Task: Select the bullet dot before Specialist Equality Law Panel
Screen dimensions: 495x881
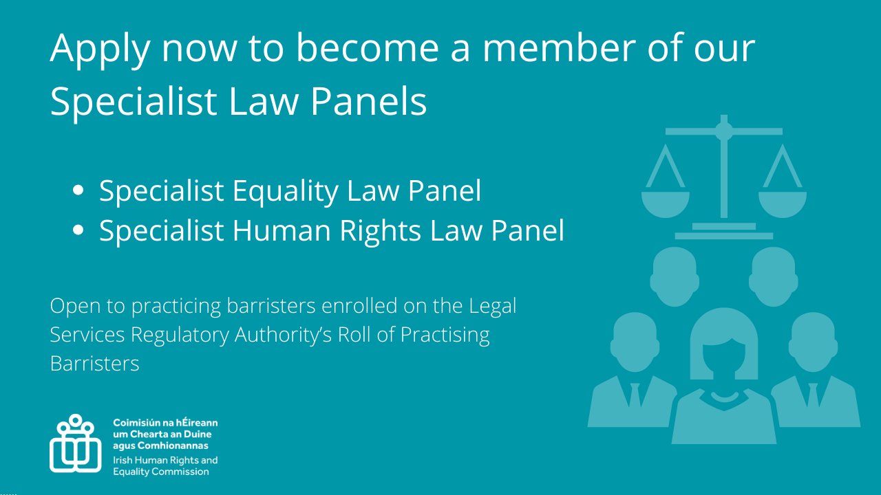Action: tap(78, 190)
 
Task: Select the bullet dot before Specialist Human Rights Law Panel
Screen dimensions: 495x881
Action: tap(78, 230)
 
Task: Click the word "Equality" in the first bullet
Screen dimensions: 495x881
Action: tap(294, 190)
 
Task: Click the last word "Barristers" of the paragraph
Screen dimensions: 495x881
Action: tap(94, 363)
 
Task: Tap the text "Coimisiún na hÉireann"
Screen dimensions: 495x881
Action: tap(165, 422)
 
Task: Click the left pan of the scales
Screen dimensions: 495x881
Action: tap(665, 203)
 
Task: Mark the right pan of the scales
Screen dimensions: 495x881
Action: tap(783, 203)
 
